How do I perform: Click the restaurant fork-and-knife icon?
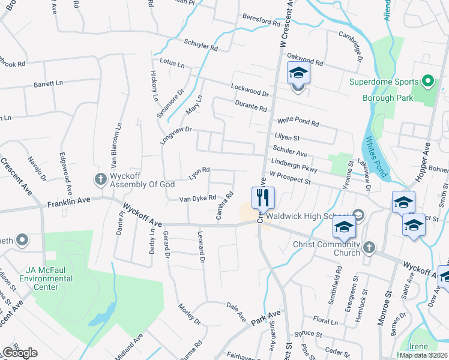262,197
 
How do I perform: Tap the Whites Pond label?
376,160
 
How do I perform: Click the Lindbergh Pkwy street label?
294,163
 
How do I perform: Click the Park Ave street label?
266,318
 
